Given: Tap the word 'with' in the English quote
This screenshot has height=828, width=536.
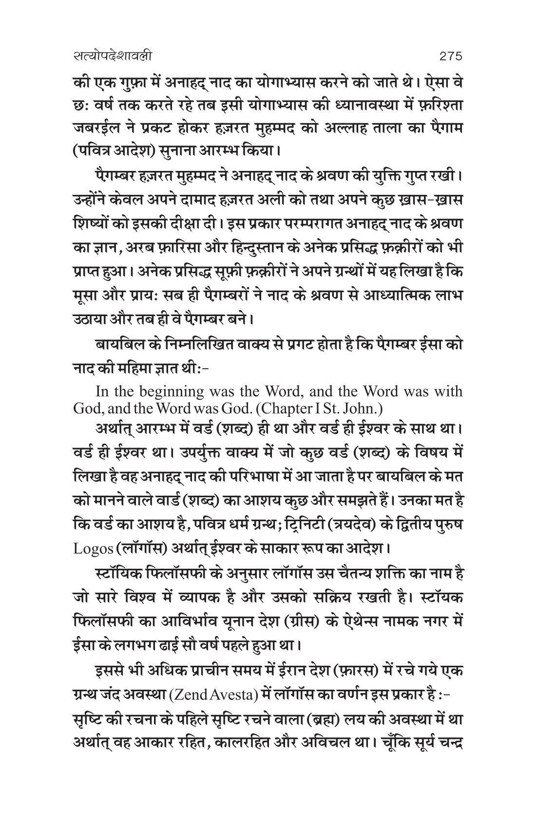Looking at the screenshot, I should [x=446, y=391].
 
